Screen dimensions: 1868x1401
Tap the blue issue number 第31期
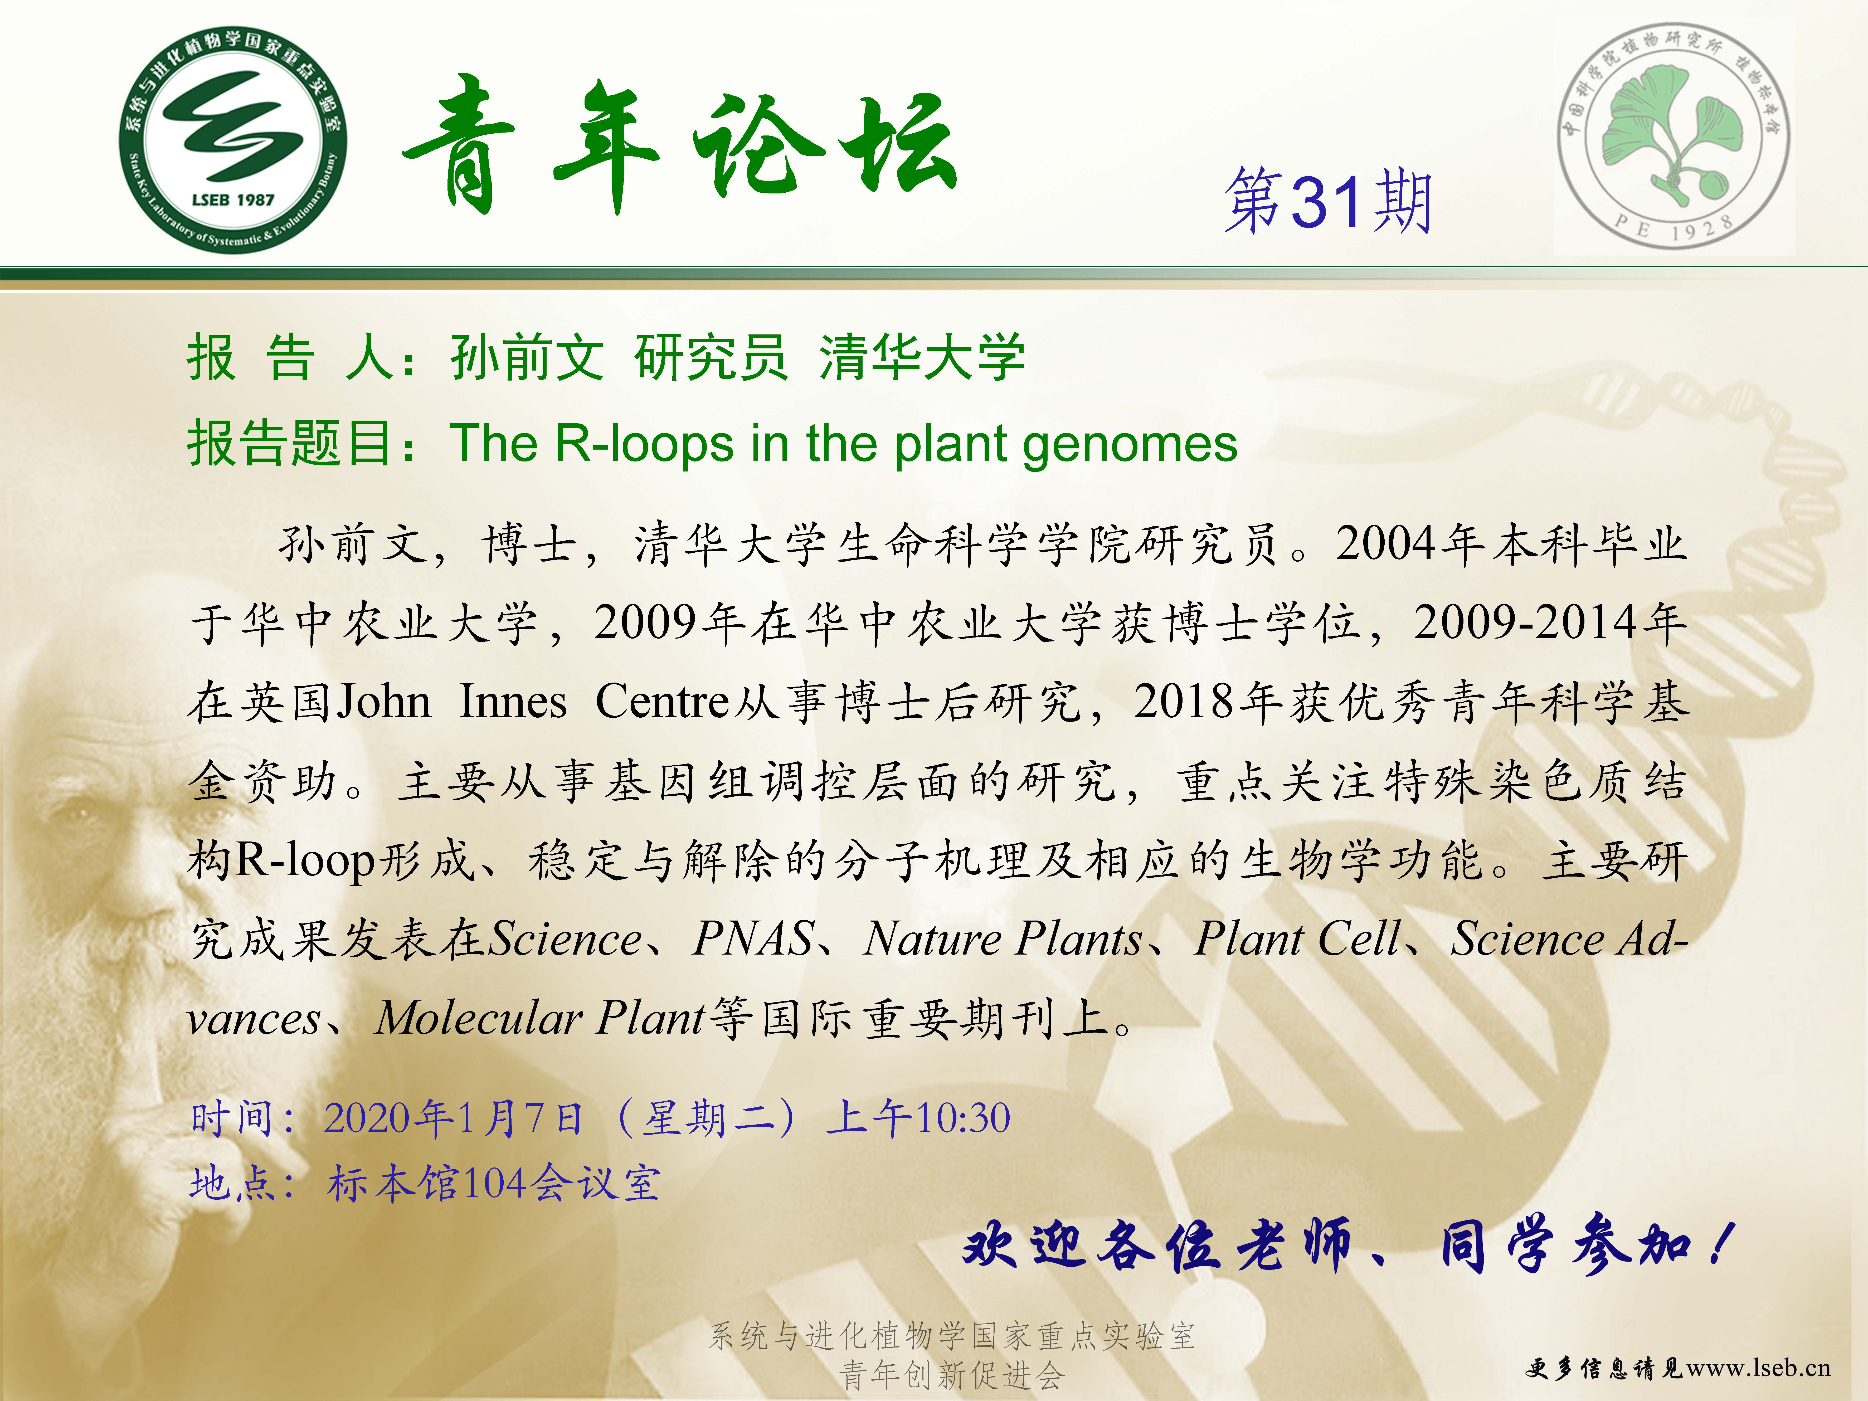coord(1328,200)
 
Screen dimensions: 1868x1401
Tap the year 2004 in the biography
coord(1386,543)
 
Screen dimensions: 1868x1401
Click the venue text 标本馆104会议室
coord(494,1182)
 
